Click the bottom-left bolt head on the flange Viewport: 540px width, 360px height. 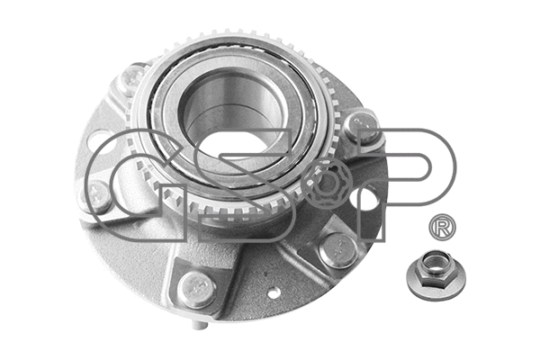pos(195,287)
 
